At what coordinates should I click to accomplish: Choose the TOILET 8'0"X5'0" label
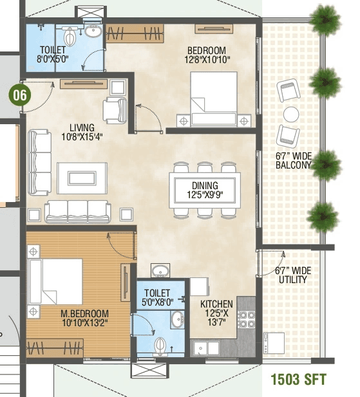[x=53, y=55]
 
